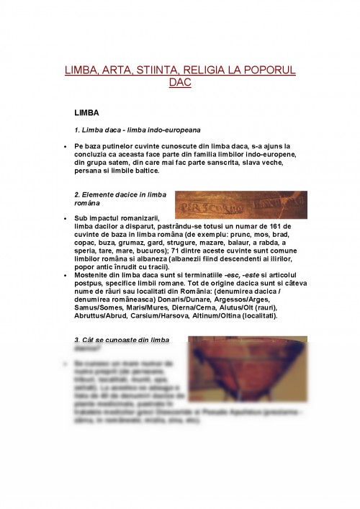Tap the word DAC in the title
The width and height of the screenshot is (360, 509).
pyautogui.click(x=179, y=83)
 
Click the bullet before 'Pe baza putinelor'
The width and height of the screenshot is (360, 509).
pyautogui.click(x=65, y=146)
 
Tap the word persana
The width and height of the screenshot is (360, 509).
pyautogui.click(x=90, y=171)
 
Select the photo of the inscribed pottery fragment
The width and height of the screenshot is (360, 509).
pyautogui.click(x=240, y=204)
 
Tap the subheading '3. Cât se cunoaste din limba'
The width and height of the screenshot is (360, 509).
pyautogui.click(x=122, y=340)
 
